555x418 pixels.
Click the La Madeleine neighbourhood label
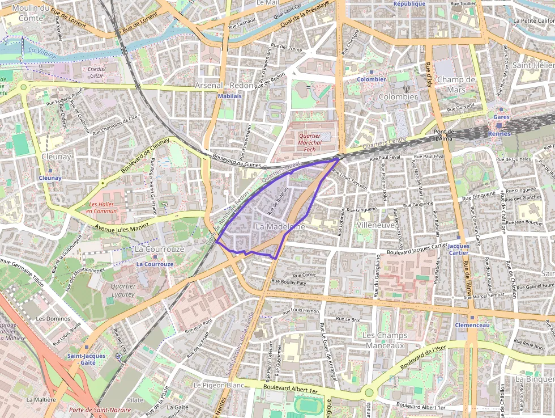(x=280, y=226)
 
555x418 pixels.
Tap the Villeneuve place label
(x=375, y=225)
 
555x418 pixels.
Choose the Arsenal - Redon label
(x=224, y=85)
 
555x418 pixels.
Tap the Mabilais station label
(x=229, y=96)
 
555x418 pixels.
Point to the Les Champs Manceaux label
(x=384, y=340)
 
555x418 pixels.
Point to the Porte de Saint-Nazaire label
(x=93, y=409)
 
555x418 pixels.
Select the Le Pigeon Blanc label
(x=219, y=385)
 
